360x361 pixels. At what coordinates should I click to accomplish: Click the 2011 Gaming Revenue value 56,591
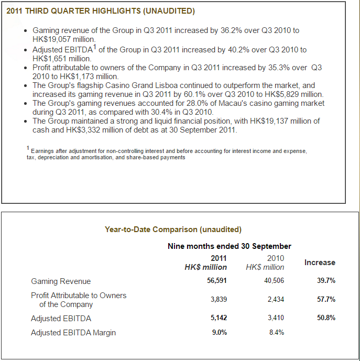click(217, 281)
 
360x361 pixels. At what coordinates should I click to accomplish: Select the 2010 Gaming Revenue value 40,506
click(274, 281)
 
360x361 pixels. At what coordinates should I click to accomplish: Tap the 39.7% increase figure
click(326, 281)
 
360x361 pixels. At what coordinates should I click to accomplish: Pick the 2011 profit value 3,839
click(219, 299)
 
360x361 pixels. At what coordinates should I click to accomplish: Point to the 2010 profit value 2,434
click(276, 299)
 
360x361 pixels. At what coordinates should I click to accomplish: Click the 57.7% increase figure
click(326, 299)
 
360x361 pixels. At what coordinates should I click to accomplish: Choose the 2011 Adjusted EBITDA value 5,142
click(219, 318)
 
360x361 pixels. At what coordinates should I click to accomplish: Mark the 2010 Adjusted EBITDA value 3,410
click(276, 318)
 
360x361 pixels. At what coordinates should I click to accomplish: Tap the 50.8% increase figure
click(326, 318)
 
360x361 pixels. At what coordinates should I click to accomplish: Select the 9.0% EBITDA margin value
click(220, 333)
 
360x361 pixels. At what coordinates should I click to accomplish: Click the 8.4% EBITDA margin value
click(277, 333)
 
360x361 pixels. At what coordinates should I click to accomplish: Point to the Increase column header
click(320, 262)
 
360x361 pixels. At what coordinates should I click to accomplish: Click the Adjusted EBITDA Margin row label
click(73, 333)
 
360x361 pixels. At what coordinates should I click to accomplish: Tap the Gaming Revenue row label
click(61, 281)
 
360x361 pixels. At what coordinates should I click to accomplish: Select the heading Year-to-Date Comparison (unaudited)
click(173, 229)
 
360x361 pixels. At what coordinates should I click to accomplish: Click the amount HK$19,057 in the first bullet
click(51, 39)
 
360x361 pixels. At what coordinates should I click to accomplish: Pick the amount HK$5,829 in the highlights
click(282, 94)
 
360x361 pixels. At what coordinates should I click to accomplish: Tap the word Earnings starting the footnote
click(42, 151)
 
